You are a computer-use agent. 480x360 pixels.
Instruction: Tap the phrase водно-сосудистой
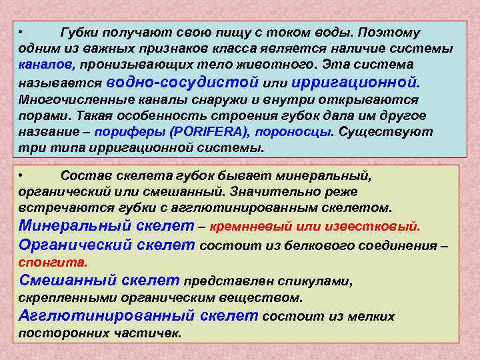pyautogui.click(x=182, y=82)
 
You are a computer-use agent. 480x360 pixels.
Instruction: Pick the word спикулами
pyautogui.click(x=323, y=281)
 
